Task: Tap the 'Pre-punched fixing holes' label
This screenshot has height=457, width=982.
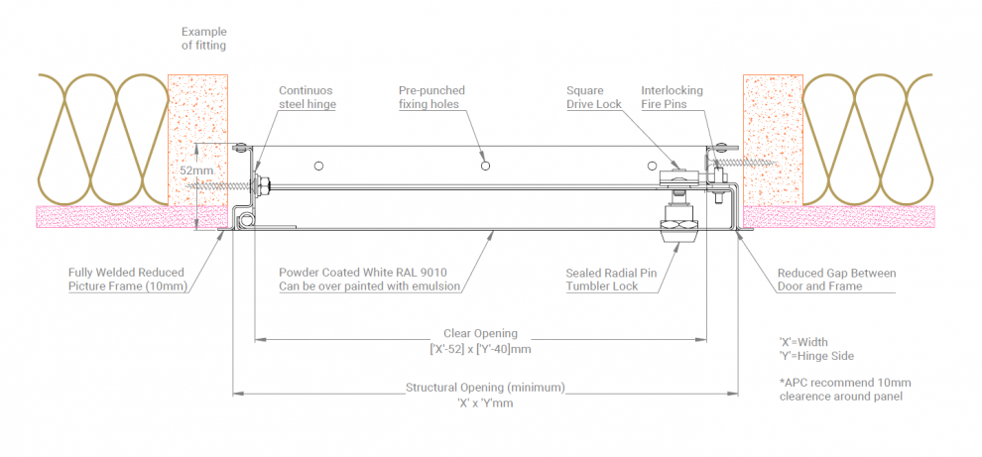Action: [431, 97]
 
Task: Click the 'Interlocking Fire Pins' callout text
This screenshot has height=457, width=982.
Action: [672, 97]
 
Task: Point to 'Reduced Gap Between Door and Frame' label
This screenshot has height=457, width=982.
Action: [835, 280]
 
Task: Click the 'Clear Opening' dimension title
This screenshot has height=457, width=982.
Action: [480, 334]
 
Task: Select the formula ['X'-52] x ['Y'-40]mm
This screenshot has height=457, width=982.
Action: [480, 349]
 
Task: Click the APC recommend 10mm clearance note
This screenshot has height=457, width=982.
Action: [845, 390]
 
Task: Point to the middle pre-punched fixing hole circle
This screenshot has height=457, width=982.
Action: [484, 165]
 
